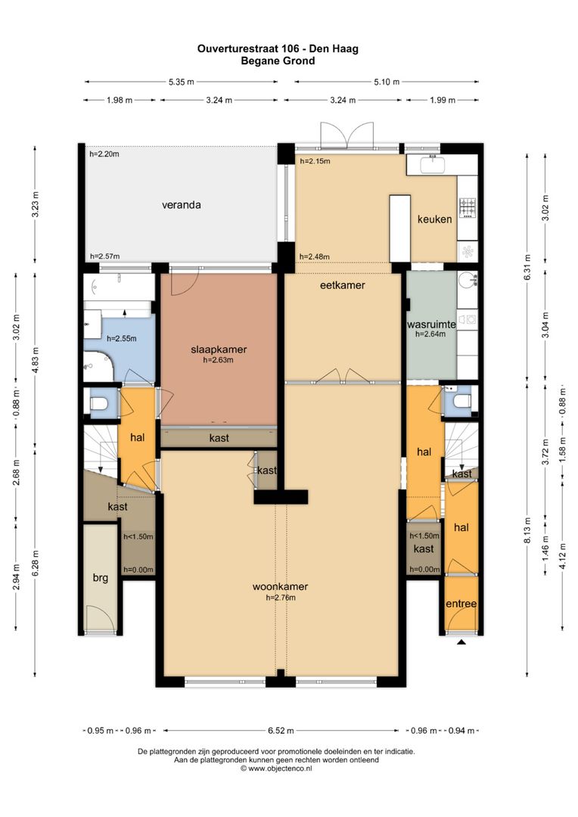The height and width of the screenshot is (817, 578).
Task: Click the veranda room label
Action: click(182, 205)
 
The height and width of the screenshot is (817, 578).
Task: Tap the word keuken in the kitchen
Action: click(435, 219)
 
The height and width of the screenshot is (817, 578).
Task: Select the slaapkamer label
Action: click(219, 349)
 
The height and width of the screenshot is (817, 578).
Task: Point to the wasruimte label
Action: click(431, 324)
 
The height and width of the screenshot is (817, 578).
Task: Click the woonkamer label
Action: click(281, 586)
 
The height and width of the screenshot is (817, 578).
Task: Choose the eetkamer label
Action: click(343, 285)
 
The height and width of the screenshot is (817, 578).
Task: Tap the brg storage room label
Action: click(101, 577)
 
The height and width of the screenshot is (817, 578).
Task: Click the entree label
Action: click(461, 604)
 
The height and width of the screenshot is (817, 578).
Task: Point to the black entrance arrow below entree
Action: click(461, 642)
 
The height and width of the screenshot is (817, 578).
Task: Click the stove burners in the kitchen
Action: click(467, 207)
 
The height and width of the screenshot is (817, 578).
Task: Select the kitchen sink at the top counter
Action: click(433, 164)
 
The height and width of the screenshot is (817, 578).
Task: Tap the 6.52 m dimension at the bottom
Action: click(281, 731)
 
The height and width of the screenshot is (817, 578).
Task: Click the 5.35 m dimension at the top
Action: click(182, 82)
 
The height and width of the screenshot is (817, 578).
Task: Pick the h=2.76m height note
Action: click(281, 598)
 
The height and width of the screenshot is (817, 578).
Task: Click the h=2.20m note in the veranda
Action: click(104, 154)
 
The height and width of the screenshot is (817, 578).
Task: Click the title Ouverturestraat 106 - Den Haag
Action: click(278, 48)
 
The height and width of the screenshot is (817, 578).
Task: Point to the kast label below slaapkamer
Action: click(219, 438)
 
